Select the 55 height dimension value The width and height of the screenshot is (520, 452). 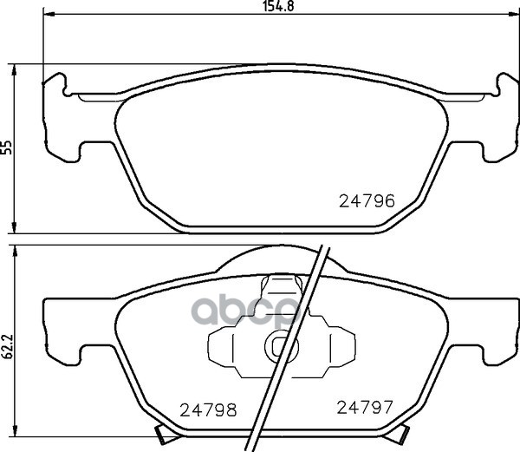coord(6,147)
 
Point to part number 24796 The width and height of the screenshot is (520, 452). coord(367,201)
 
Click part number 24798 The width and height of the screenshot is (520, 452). coord(208,410)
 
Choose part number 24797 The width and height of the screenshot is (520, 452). coord(365,407)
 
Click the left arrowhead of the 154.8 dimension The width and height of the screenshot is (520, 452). coord(49,14)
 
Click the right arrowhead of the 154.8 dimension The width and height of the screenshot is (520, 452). coord(514,14)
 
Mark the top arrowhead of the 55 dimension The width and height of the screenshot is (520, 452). coord(14,69)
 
